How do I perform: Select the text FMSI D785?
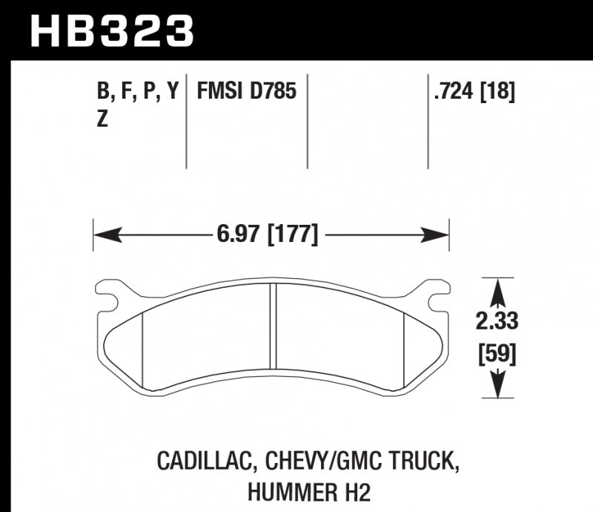pos(246,92)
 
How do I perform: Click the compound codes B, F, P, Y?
pos(138,92)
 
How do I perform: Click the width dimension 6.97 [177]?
pos(268,236)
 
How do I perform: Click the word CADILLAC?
pos(201,462)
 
